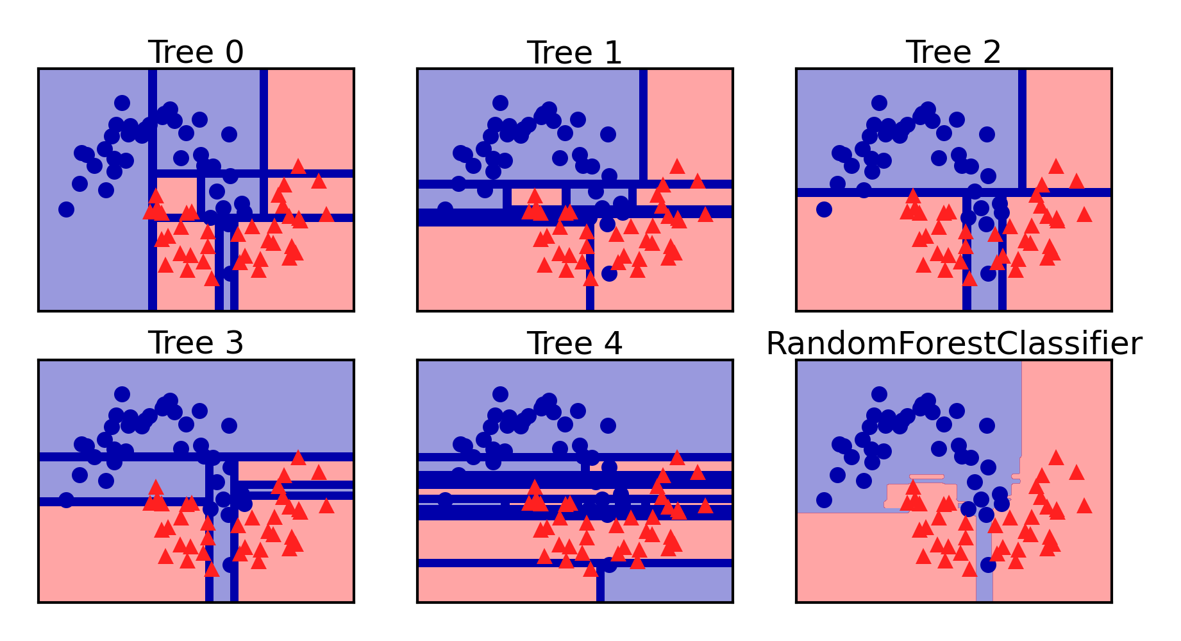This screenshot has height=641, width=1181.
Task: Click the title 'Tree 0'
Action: tap(196, 52)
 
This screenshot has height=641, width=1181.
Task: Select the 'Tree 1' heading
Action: tap(574, 52)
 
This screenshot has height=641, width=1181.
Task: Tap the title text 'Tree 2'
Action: tap(953, 52)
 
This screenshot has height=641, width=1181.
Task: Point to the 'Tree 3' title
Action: tap(196, 343)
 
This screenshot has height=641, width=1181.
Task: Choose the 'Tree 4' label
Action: tap(574, 343)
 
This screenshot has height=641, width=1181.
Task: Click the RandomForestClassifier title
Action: tap(954, 343)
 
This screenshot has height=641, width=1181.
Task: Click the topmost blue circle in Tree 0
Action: tap(122, 103)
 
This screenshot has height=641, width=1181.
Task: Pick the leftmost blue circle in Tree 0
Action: tap(66, 209)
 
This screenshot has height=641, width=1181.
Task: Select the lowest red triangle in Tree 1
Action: tap(590, 278)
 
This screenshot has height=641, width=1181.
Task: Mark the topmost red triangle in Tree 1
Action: tap(677, 166)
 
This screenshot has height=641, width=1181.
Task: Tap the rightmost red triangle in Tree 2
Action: tap(1084, 214)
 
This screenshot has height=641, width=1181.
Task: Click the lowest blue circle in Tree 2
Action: tap(988, 274)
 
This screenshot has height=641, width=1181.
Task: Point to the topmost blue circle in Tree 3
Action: tap(122, 394)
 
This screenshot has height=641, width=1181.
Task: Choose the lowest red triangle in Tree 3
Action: tap(212, 570)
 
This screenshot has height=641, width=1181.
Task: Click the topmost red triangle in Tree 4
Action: tap(677, 457)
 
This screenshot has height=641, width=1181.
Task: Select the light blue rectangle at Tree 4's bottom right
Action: tap(667, 585)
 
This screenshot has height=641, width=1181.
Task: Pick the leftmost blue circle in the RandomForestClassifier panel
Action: tap(824, 500)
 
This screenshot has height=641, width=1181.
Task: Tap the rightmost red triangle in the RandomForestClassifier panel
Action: tap(1084, 506)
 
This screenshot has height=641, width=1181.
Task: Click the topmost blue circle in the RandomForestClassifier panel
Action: tap(880, 394)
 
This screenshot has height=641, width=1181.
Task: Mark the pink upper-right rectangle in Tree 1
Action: tap(690, 122)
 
